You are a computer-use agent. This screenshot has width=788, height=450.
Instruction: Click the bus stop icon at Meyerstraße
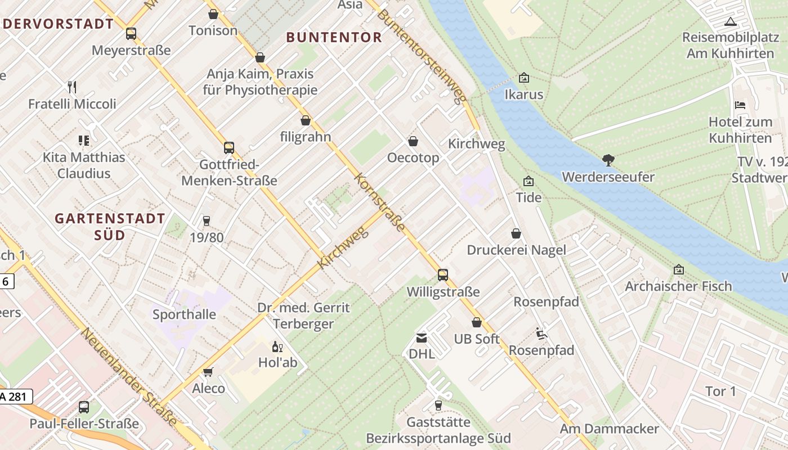tap(131, 34)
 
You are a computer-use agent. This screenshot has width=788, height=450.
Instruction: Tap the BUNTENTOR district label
tap(334, 38)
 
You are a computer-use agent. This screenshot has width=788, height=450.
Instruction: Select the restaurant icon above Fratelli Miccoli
tap(71, 87)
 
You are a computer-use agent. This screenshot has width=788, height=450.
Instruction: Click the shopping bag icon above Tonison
tap(213, 14)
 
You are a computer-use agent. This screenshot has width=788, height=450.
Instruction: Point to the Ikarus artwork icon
tap(524, 78)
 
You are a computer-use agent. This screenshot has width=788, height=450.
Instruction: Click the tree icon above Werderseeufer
tap(608, 160)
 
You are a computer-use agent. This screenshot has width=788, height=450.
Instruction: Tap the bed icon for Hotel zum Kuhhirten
tap(740, 105)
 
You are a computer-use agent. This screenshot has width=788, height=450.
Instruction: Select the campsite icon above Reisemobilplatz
tap(731, 22)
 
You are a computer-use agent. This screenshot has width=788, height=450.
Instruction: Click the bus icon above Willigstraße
tap(443, 275)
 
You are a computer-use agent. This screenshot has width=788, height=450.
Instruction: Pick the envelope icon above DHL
tap(421, 337)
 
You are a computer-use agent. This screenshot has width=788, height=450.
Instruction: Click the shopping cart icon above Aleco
tap(208, 372)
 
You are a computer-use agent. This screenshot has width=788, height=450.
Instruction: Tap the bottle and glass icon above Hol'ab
tap(277, 346)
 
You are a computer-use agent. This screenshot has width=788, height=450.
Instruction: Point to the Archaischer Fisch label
tap(678, 286)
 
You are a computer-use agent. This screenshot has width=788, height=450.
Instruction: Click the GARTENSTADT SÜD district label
tap(110, 226)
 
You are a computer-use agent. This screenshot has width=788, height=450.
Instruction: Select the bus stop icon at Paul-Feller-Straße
tap(84, 407)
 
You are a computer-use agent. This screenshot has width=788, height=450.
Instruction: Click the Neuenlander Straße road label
tap(129, 377)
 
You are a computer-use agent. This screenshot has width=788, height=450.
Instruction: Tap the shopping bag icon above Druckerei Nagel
tap(516, 233)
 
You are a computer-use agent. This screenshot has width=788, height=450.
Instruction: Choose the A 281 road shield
tap(16, 397)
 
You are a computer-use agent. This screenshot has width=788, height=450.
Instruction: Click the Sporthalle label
tap(184, 314)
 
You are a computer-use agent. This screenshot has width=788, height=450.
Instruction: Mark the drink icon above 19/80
tap(206, 221)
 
